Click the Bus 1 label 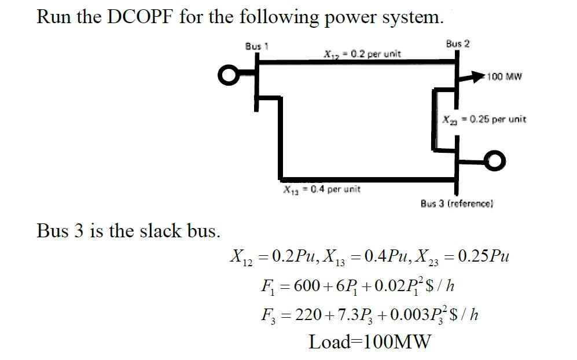click(255, 46)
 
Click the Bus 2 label click(458, 44)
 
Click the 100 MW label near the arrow click(505, 77)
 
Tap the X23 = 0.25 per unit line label click(484, 120)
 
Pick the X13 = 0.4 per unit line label click(321, 189)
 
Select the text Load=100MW click(370, 341)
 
